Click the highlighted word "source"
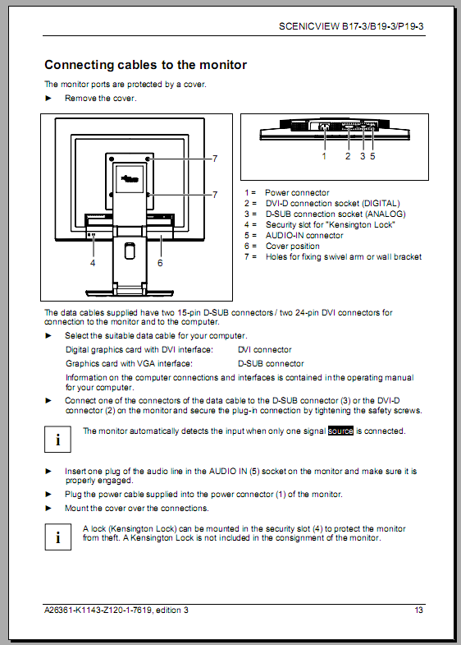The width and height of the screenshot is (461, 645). tap(340, 431)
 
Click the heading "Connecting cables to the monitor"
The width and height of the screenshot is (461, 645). tap(146, 65)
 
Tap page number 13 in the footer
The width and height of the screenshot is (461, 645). tap(418, 610)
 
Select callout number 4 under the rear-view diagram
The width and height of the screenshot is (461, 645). tap(93, 263)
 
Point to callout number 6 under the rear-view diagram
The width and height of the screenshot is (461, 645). tap(160, 263)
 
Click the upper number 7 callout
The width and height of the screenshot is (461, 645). tap(215, 159)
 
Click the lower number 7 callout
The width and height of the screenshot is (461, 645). tap(215, 195)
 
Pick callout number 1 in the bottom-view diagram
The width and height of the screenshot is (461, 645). tap(324, 156)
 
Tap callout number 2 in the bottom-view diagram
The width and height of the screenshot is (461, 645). tap(348, 156)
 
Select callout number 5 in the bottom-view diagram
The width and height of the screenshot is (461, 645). tap(372, 156)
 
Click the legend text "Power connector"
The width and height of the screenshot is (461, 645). tap(297, 192)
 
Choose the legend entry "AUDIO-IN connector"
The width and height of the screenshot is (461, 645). tap(304, 235)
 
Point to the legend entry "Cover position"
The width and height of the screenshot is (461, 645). tap(293, 246)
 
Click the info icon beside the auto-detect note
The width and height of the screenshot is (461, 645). tap(58, 440)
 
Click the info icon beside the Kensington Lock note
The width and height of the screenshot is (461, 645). tap(58, 537)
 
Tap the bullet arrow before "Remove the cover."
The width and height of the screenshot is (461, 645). tap(48, 98)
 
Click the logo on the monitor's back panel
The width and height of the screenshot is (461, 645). tap(130, 178)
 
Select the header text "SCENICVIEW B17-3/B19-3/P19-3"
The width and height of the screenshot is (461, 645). tap(351, 26)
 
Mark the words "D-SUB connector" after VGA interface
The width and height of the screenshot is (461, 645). tap(271, 364)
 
